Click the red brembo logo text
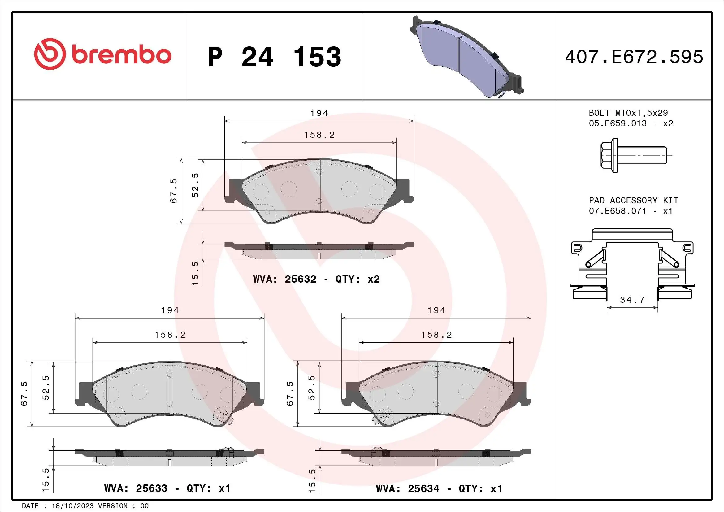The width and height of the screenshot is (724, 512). [x=121, y=55]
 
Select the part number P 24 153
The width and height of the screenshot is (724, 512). [x=274, y=57]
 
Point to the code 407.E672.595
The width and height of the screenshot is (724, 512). [x=634, y=57]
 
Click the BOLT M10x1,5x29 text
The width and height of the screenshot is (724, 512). [x=628, y=113]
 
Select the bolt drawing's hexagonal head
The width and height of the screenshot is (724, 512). [x=609, y=155]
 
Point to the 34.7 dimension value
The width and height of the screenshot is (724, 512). [x=632, y=300]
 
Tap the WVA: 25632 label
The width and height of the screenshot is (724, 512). [x=284, y=279]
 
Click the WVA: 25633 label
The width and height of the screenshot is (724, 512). [x=136, y=488]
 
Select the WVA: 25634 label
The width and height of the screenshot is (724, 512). [x=407, y=489]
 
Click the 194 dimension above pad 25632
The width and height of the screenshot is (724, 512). [x=319, y=113]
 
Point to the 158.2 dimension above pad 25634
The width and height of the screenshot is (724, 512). [x=436, y=335]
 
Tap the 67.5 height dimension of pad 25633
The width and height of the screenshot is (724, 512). [x=24, y=393]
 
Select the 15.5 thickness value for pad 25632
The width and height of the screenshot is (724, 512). [x=195, y=273]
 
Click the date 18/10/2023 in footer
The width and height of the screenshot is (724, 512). [x=72, y=506]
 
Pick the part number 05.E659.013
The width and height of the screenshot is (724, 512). [x=618, y=124]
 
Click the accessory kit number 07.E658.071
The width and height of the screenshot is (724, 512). [x=618, y=211]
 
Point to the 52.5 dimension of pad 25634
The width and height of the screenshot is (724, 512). [x=312, y=388]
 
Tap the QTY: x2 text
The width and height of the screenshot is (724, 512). [x=358, y=279]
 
